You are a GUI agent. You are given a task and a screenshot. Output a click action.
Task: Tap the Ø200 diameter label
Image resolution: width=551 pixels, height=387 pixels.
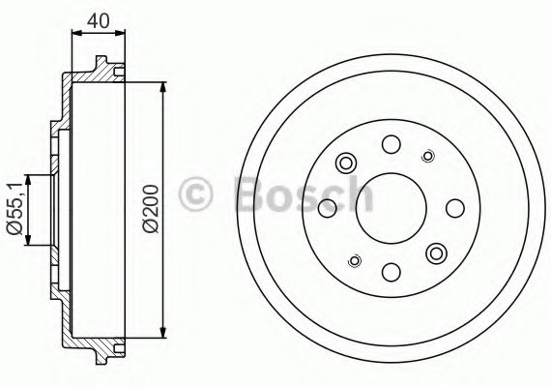pos(149,207)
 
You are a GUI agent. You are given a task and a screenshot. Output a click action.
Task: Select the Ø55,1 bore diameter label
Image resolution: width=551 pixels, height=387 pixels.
pos(14,208)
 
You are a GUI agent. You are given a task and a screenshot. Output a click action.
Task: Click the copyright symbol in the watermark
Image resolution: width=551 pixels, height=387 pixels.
pos(196,194)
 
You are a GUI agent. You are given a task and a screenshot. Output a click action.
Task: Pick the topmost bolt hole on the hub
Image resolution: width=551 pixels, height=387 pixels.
pos(391,145)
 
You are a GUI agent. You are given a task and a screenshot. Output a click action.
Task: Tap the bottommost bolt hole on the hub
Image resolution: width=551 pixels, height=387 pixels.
pos(391,272)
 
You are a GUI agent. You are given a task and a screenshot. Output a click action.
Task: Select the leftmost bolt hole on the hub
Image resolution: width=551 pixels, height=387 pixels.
pos(328,206)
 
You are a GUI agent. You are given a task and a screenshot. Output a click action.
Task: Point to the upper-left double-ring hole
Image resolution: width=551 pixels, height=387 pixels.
pos(345,162)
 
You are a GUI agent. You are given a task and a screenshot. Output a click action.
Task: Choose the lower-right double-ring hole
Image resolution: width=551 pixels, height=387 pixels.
pos(436,253)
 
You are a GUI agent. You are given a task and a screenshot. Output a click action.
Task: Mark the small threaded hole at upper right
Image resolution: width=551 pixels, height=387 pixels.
pos(427,154)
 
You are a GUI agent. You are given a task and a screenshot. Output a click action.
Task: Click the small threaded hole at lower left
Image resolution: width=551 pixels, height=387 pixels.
pos(354,259)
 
